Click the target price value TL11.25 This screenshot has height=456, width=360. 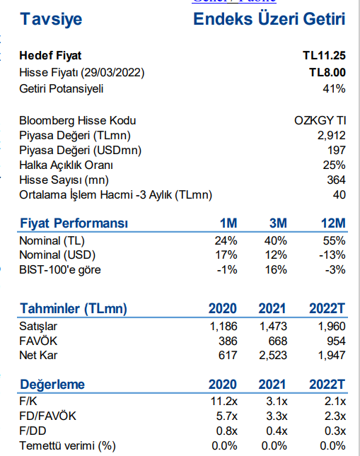coord(324,56)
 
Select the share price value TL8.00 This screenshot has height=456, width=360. coord(327,72)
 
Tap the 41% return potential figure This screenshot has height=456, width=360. coord(334,88)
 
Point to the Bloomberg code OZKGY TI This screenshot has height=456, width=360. coord(320,120)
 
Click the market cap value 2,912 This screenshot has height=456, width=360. coord(332,136)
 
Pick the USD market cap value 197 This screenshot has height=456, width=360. coord(337,151)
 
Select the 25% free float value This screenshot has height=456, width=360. coord(334,165)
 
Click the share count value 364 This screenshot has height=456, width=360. coord(336,180)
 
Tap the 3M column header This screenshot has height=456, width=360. coord(278,223)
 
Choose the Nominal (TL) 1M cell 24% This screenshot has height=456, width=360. coord(226,241)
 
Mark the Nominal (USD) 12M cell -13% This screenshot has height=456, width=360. coord(332,255)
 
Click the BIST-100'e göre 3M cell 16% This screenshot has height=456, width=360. coord(276,270)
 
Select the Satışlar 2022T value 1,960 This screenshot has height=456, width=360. coord(332,327)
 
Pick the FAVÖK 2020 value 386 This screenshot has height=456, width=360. coord(228,341)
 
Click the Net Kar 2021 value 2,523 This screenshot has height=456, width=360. coord(273,356)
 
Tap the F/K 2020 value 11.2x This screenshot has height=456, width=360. coord(224,402)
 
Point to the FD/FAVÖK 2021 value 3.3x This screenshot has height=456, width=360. coord(277,416)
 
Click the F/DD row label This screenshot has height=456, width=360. coord(33,431)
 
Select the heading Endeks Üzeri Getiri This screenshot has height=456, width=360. coord(269,19)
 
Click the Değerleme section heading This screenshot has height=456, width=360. coord(52,385)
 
